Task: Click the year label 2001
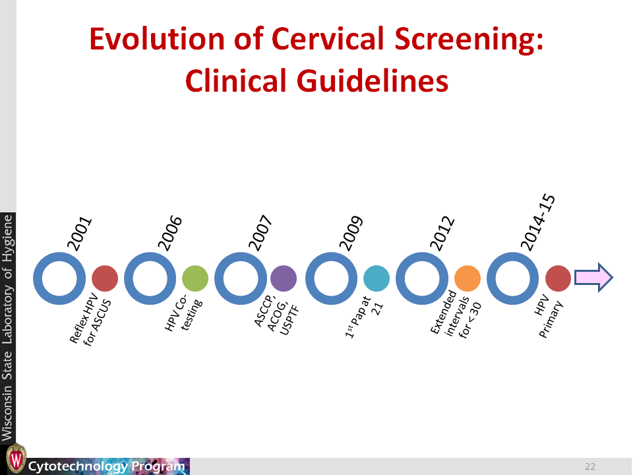(79, 234)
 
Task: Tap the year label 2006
(169, 233)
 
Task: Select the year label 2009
(351, 233)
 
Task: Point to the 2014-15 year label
(538, 222)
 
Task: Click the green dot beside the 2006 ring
(195, 278)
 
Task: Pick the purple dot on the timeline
(284, 278)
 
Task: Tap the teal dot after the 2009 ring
(377, 278)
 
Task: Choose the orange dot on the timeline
(467, 278)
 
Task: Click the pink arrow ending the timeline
(594, 278)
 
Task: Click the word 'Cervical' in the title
(328, 39)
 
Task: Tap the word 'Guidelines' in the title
(373, 80)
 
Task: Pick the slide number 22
(590, 466)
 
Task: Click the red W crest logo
(16, 459)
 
